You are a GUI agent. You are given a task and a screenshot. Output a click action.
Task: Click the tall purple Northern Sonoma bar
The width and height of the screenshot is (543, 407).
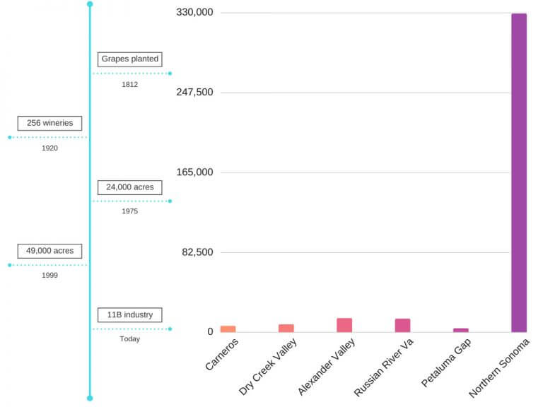coord(519,172)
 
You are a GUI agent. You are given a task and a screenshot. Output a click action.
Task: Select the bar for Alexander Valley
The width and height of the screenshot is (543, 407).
coord(344,325)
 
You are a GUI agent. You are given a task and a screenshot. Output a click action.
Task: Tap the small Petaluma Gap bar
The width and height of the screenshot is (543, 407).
coord(461,330)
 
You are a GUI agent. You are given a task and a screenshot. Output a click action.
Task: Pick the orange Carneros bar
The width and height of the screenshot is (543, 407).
coord(228,329)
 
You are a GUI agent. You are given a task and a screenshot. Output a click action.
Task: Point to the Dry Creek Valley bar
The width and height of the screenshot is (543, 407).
coord(286,328)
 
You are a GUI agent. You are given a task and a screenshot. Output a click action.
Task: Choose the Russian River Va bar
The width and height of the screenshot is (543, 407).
coord(402,325)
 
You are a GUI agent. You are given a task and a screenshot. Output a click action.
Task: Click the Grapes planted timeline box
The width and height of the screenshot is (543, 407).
coord(130,59)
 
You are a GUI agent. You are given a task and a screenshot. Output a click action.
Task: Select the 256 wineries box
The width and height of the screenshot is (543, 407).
coord(49,123)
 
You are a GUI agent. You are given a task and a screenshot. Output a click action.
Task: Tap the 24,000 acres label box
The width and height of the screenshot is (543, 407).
coord(130,187)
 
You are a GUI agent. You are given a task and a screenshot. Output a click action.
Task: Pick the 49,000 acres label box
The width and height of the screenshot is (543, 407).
coord(49,251)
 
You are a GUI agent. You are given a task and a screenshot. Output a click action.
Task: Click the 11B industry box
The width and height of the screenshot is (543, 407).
coord(130,315)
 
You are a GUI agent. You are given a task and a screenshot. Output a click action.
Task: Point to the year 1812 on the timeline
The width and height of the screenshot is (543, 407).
coord(129,84)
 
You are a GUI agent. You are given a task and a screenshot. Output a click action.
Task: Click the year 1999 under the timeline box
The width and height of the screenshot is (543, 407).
coord(49,276)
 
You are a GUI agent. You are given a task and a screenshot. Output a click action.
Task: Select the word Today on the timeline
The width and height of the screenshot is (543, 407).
coord(129,339)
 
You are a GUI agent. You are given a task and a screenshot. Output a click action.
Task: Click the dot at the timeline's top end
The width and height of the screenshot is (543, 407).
coord(90,4)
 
